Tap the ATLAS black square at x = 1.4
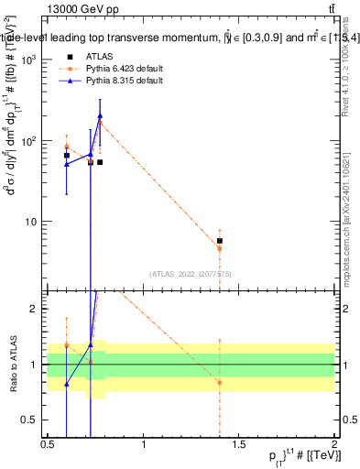(220, 241)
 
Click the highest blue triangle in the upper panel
(100, 116)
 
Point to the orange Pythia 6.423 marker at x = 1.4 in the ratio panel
(220, 382)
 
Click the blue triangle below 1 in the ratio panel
(67, 384)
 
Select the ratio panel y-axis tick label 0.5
(33, 420)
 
